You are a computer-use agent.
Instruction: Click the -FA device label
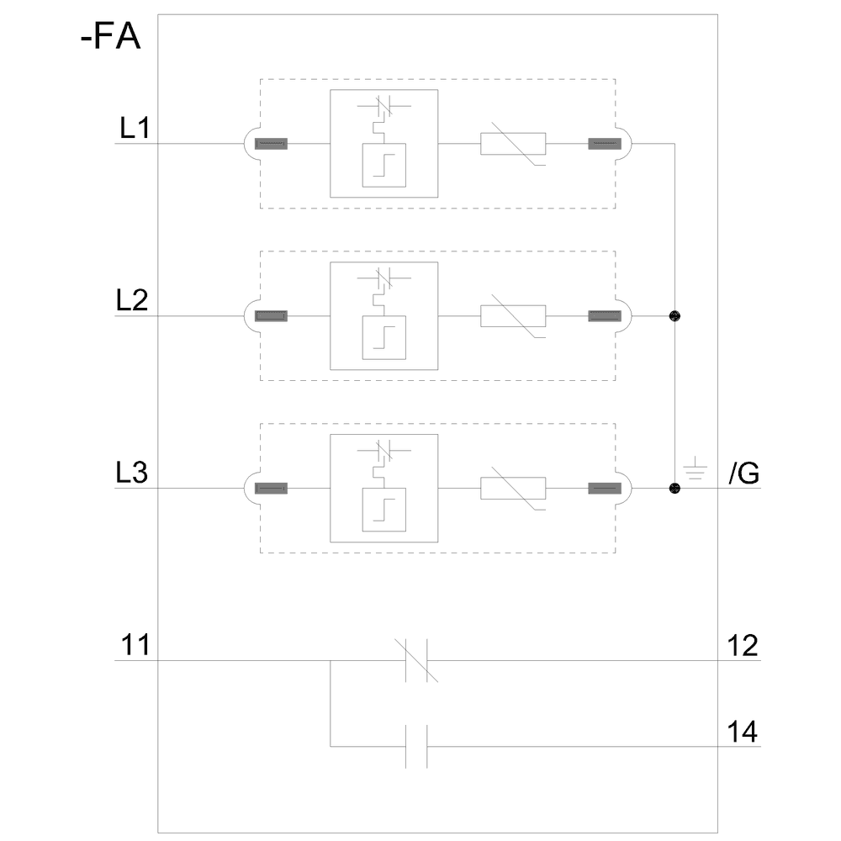110,40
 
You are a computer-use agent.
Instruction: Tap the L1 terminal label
134,129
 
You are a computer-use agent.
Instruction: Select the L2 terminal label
134,301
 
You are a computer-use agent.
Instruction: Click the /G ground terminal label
744,474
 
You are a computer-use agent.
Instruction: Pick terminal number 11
134,646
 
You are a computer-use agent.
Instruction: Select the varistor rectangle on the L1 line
513,144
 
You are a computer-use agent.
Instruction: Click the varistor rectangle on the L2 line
513,316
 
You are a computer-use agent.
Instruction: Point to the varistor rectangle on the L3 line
513,489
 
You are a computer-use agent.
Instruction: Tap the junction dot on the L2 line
674,316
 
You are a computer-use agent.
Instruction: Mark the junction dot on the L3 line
674,489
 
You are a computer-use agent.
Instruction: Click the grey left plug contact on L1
271,144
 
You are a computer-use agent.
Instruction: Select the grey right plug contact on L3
604,489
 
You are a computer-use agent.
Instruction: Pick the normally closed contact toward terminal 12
417,660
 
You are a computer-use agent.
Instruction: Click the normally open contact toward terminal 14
417,746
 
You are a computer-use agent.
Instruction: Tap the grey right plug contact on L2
604,316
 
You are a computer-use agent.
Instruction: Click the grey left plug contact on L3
271,489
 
